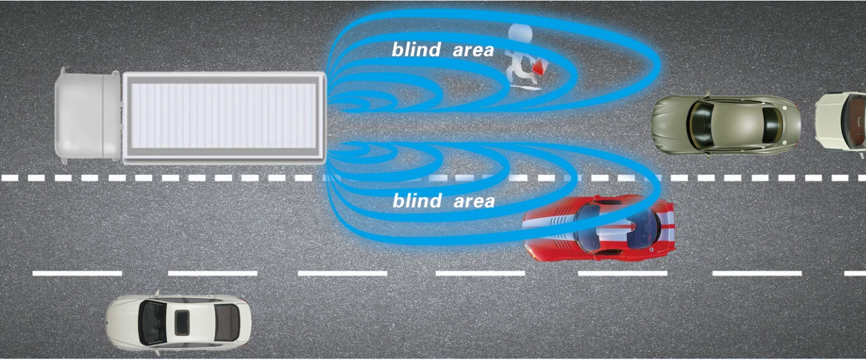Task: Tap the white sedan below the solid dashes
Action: tap(178, 322)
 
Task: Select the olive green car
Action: tap(726, 125)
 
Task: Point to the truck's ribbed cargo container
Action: tap(223, 117)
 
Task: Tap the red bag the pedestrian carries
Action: tap(540, 67)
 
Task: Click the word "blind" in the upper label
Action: tap(416, 50)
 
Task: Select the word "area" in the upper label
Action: tap(473, 50)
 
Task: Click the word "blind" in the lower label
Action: tap(417, 202)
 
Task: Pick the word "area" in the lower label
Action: tap(474, 202)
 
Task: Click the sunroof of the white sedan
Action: tap(182, 322)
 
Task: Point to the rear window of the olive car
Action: tap(772, 125)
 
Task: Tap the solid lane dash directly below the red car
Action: tap(622, 273)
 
